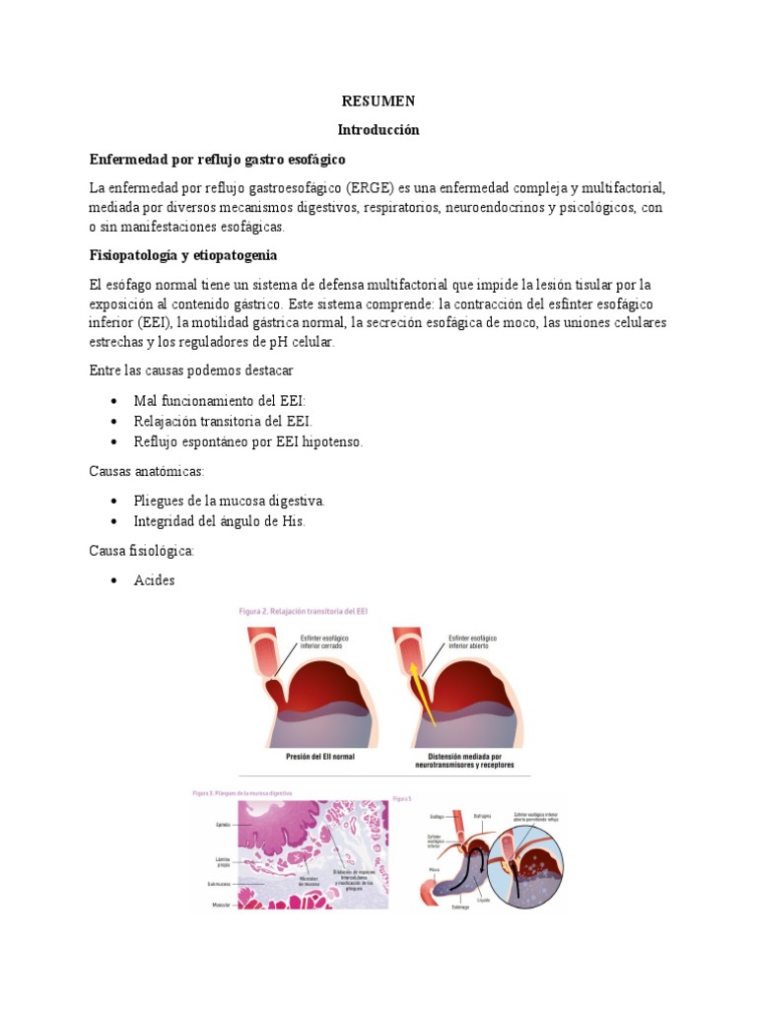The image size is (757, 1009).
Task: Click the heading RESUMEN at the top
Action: tap(378, 101)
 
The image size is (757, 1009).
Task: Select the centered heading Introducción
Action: tap(378, 130)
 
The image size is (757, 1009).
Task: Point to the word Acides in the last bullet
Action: tap(155, 580)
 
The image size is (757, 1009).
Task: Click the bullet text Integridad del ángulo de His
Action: tap(220, 521)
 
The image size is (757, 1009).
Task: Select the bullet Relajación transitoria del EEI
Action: tap(223, 421)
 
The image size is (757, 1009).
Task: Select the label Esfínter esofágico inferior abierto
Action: tap(472, 642)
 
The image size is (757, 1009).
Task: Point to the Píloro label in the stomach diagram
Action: tap(435, 870)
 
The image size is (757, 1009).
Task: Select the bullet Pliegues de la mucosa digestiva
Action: tap(229, 501)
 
